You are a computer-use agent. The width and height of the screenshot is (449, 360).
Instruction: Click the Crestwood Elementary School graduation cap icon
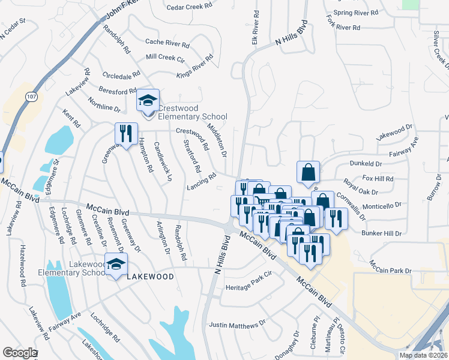click(148, 100)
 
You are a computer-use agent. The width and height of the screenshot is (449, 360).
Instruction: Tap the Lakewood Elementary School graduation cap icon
click(116, 263)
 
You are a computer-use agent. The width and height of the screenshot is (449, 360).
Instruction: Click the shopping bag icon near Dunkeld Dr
click(308, 172)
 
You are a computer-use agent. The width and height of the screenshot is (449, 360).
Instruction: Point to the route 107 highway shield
click(31, 96)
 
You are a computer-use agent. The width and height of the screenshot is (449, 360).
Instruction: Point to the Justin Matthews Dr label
click(237, 325)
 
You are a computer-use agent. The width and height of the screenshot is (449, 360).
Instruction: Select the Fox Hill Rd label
click(378, 179)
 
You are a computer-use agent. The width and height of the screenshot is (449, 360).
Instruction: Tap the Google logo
click(19, 353)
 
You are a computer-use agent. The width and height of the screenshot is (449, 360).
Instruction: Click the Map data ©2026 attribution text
click(423, 355)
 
